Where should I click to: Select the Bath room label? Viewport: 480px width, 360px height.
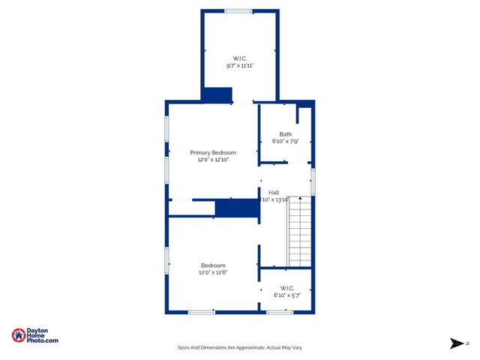(x=285, y=134)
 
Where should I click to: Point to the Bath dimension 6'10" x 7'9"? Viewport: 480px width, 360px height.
(x=285, y=141)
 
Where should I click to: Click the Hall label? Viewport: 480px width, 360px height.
(x=274, y=193)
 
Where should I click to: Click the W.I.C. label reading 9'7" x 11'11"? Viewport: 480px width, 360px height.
(x=240, y=58)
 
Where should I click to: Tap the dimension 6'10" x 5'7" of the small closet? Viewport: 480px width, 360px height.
(x=286, y=295)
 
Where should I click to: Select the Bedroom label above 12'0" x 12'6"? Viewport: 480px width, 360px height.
(x=213, y=265)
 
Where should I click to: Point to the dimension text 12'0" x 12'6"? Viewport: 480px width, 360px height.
(x=213, y=272)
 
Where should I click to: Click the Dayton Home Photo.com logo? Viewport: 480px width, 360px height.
(x=35, y=336)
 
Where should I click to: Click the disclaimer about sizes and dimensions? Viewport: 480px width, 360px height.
(x=239, y=347)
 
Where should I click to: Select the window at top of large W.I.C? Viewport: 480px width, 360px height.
(x=238, y=10)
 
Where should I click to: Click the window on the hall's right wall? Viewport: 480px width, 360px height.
(x=313, y=181)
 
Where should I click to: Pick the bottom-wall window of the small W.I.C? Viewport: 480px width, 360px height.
(x=280, y=312)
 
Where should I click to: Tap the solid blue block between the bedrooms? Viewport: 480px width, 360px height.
(x=236, y=208)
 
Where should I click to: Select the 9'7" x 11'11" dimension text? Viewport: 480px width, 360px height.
(x=240, y=66)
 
